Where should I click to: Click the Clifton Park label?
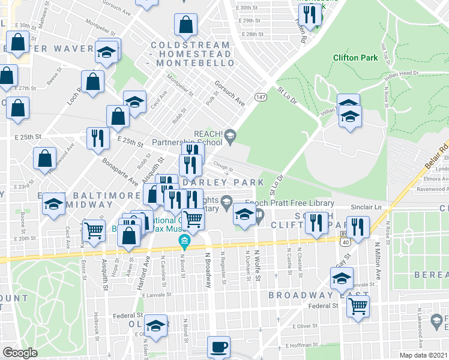[355, 58]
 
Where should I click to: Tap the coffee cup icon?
[218, 347]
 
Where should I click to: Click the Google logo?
[20, 353]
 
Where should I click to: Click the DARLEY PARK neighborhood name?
[223, 182]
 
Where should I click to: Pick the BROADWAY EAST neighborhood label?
[318, 296]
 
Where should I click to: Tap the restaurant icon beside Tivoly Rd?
[310, 16]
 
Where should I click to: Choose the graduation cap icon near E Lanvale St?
[342, 280]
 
